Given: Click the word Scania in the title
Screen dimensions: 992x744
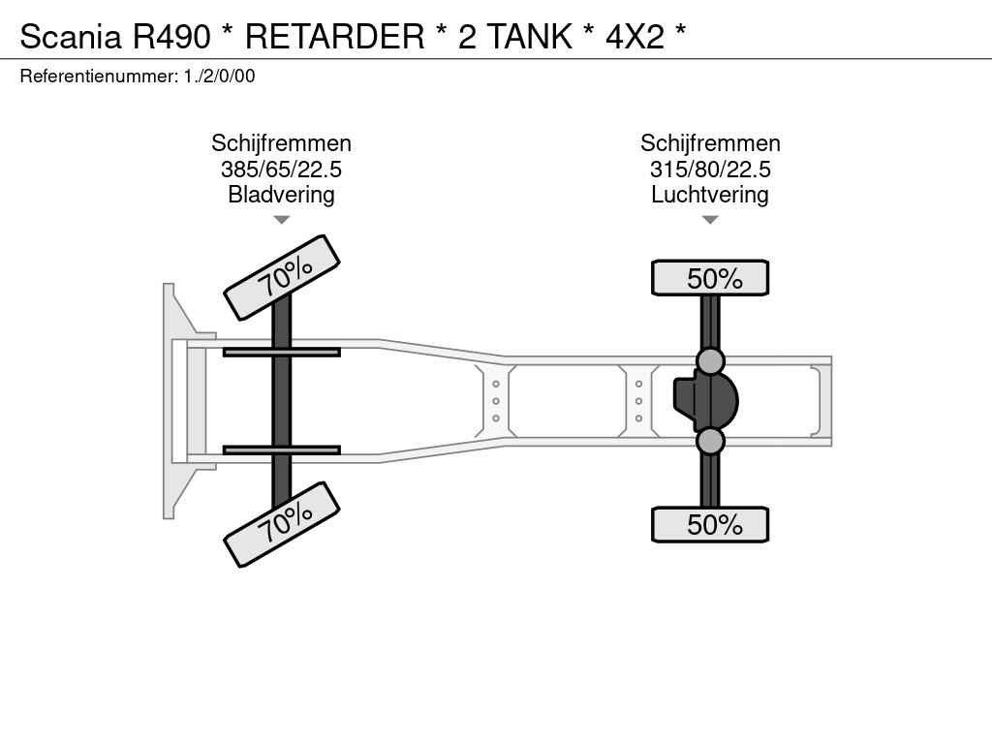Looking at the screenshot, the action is [x=70, y=36].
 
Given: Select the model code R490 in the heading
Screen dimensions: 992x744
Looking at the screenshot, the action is [x=171, y=36].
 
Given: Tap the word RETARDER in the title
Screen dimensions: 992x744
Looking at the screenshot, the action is [x=334, y=36].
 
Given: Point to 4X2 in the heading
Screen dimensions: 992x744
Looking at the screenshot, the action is [x=635, y=36].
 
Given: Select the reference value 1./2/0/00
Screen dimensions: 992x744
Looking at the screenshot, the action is [x=220, y=77].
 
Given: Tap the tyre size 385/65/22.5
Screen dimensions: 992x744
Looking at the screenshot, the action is [x=281, y=170].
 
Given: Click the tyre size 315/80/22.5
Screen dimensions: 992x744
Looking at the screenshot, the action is [x=710, y=170].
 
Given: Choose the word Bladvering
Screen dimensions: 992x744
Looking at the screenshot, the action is [x=281, y=195].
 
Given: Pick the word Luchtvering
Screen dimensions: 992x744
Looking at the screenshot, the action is [x=710, y=195].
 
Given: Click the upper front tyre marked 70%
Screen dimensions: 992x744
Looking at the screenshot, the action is [x=282, y=277].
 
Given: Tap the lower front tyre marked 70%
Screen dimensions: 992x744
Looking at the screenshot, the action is [x=282, y=524].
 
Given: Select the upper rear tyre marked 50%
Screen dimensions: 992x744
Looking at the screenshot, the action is [x=710, y=278].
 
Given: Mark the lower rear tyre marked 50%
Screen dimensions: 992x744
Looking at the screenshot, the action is [x=710, y=524].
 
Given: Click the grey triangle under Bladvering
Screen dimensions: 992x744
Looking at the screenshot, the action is [x=282, y=220].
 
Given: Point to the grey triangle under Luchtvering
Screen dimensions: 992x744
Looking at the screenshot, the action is [x=710, y=220].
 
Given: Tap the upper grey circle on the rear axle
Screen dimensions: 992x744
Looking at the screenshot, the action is [x=710, y=361].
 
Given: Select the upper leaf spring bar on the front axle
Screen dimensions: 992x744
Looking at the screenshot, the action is [x=282, y=353].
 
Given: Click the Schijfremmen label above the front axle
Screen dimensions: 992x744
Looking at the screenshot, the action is [x=281, y=143].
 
